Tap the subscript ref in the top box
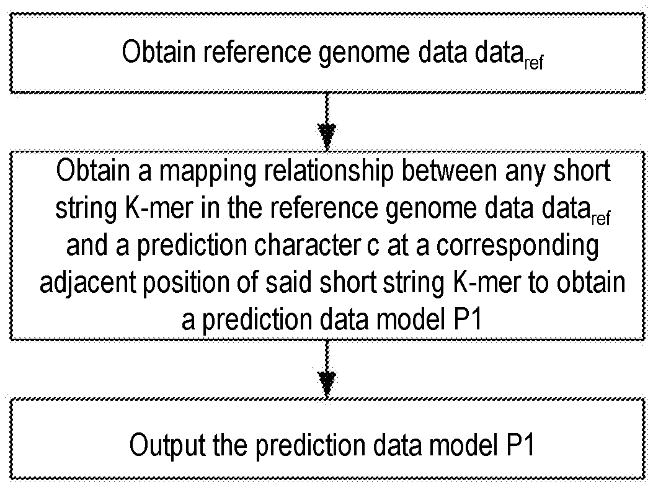coord(533,63)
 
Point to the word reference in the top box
coord(249,53)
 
